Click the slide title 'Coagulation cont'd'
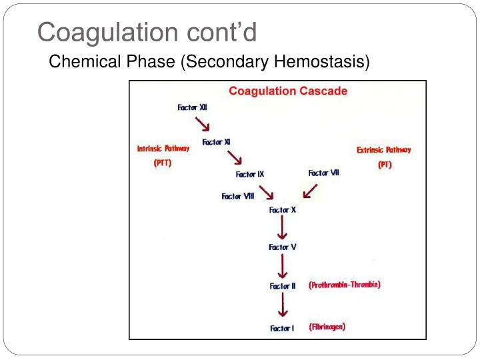point(147,31)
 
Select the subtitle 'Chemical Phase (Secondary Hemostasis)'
point(209,62)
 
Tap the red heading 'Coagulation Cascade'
point(288,91)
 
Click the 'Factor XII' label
point(193,107)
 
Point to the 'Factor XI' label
point(217,142)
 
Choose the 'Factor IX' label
point(250,174)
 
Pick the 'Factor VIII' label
point(238,196)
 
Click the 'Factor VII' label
point(323,173)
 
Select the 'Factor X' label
point(283,210)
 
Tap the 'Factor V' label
point(283,247)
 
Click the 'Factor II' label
point(283,286)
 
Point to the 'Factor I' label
point(282,328)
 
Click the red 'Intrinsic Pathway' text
point(163,149)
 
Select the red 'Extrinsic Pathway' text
point(384,150)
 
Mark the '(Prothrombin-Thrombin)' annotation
point(345,285)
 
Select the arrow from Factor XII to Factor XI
point(203,125)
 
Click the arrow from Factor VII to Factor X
point(310,192)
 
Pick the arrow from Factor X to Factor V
point(283,229)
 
